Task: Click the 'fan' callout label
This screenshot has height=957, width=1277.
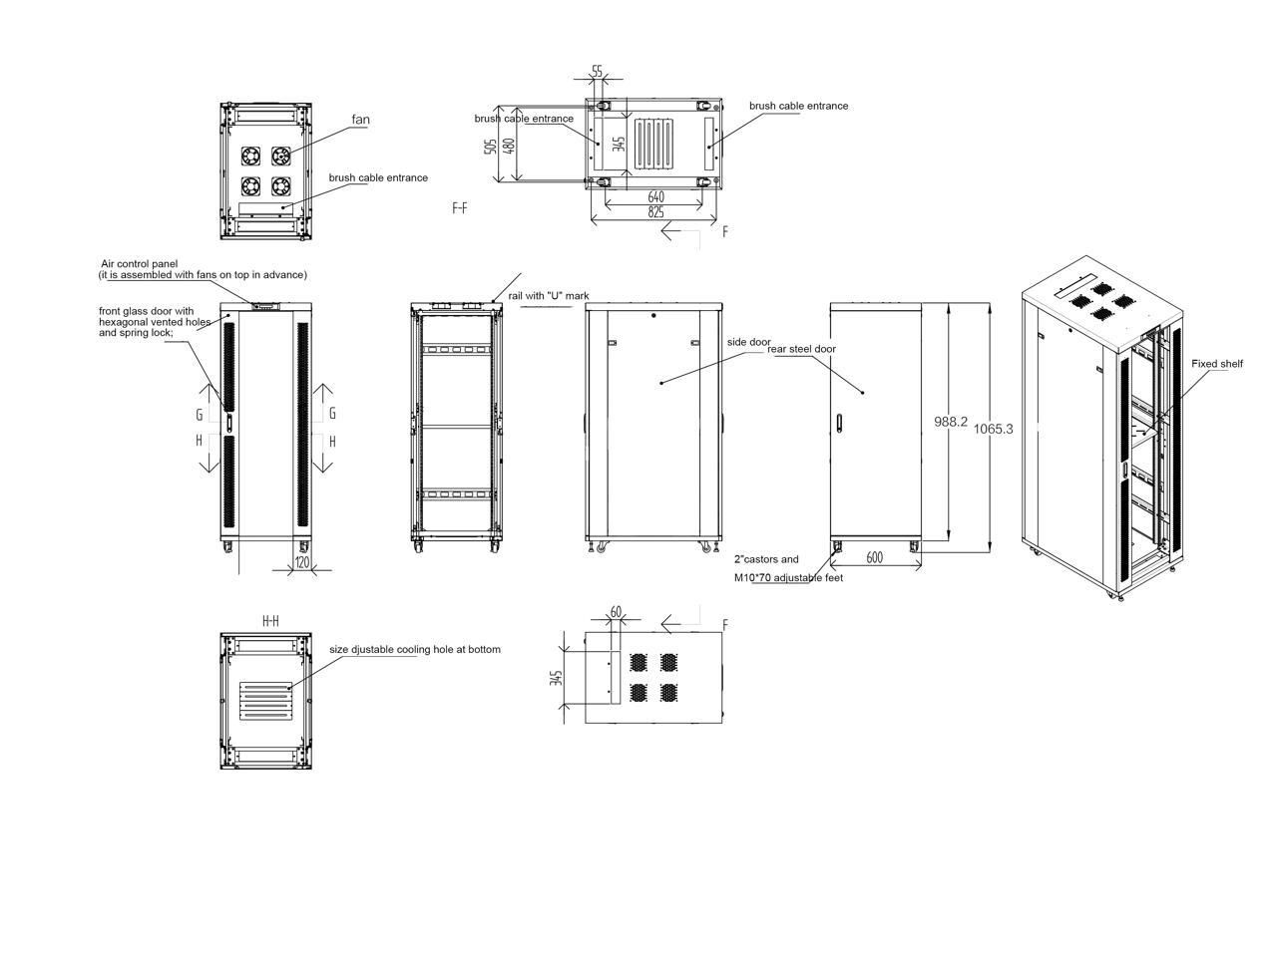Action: tap(360, 120)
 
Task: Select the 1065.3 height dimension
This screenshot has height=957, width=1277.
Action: tap(993, 429)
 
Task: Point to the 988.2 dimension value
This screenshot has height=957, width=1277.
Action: tap(951, 422)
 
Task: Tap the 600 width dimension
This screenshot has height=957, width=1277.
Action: tap(875, 557)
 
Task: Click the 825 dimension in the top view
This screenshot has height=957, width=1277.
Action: tap(655, 211)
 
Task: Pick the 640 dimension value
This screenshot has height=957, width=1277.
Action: tap(655, 197)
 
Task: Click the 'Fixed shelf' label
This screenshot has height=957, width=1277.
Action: tap(1217, 364)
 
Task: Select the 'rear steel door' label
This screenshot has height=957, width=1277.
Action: tap(802, 349)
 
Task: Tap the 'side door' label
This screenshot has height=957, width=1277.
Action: tap(748, 342)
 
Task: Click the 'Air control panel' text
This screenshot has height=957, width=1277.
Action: tap(139, 264)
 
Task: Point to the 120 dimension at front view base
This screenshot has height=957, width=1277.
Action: tap(302, 563)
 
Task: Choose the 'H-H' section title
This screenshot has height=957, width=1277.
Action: tap(270, 621)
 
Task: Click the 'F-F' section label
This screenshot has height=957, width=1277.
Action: tap(460, 208)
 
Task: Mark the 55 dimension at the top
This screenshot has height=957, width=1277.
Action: tap(597, 71)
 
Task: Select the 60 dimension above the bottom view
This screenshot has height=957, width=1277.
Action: tap(616, 611)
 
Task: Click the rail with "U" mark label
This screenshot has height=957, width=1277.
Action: tap(549, 296)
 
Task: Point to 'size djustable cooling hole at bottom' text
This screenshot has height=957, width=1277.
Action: tap(415, 650)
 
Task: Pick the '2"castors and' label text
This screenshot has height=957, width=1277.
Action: tap(766, 559)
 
